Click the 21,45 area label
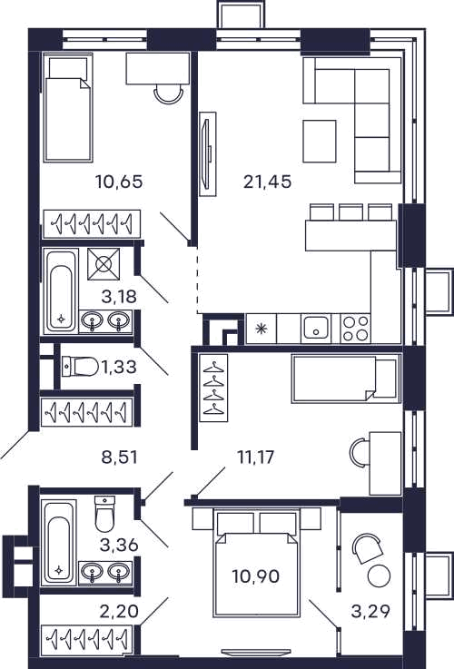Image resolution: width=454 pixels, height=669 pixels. (x=268, y=182)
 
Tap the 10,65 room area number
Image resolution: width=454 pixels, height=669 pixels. (x=119, y=182)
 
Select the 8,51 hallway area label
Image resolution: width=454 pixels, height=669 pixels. (x=120, y=457)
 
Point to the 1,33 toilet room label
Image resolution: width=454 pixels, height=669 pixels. (x=118, y=366)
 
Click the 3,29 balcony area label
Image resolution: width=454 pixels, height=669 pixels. (x=370, y=612)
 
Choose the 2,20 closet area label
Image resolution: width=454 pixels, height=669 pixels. (x=119, y=612)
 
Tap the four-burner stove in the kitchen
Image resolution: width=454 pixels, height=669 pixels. (x=355, y=328)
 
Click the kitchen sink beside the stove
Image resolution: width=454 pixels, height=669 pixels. (x=315, y=328)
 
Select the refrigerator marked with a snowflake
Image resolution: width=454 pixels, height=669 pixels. (x=262, y=328)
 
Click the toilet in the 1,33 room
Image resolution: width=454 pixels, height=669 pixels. (x=80, y=366)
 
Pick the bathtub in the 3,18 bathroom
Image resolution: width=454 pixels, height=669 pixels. (x=61, y=291)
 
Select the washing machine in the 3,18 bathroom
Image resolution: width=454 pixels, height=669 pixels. (x=104, y=264)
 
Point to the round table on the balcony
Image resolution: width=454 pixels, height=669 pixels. (x=379, y=576)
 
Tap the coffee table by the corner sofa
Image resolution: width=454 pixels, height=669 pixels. (x=320, y=142)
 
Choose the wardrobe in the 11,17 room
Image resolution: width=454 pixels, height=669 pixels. (x=213, y=388)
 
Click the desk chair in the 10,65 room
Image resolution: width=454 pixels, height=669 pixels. (x=169, y=93)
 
